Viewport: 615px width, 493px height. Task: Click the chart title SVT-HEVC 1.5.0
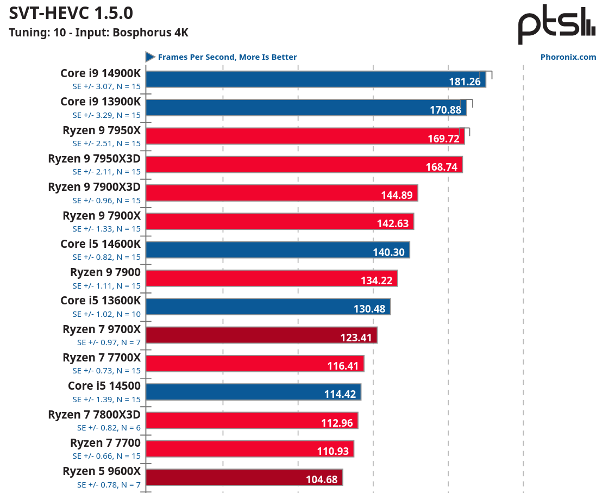tap(71, 13)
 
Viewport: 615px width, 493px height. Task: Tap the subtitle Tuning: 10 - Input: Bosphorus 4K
tap(98, 33)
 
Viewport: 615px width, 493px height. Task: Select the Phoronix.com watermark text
tap(568, 57)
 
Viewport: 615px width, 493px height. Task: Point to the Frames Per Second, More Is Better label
tap(227, 57)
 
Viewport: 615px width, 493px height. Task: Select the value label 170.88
tap(445, 110)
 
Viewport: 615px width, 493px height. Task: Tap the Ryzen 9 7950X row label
tap(102, 130)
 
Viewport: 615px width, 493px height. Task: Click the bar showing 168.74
tap(304, 164)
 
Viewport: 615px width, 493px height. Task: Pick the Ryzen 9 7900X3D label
tap(94, 187)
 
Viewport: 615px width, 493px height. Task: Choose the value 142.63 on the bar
tap(392, 223)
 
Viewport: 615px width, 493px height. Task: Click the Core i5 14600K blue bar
tap(277, 249)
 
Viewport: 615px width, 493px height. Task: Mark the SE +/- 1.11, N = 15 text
tap(106, 285)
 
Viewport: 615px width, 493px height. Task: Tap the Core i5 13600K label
tap(101, 301)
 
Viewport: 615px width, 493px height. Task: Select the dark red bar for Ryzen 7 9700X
tap(261, 335)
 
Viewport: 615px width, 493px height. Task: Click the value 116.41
tap(343, 366)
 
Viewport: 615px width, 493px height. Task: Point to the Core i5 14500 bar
tap(253, 392)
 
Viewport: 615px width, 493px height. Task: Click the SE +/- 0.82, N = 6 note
tap(109, 428)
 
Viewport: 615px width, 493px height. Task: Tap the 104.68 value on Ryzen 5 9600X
tap(322, 479)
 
